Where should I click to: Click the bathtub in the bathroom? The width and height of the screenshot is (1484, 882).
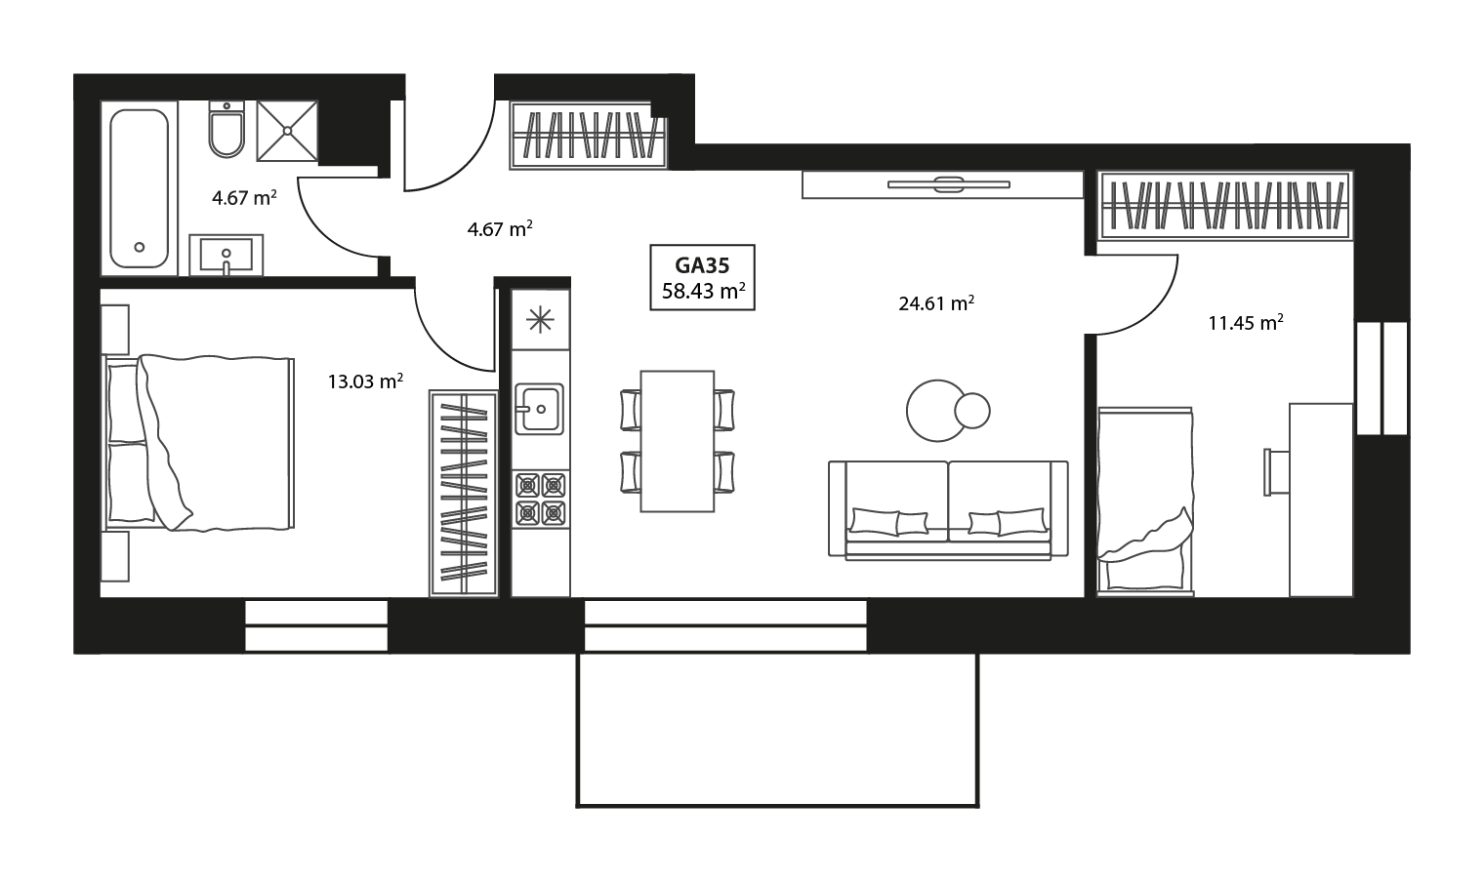coord(139,186)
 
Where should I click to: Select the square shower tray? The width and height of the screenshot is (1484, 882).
coord(287,130)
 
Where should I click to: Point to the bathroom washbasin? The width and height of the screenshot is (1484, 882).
coord(226,255)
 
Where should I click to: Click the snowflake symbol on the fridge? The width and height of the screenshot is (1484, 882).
coord(540,320)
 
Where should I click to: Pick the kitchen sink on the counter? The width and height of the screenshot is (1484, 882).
coord(539,408)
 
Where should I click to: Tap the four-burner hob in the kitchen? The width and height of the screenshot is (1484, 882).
coord(541,498)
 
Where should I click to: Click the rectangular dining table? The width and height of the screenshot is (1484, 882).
coord(677,441)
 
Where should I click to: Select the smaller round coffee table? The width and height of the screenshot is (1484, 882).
coord(972,411)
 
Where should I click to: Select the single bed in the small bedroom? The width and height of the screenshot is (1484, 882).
coord(1144,501)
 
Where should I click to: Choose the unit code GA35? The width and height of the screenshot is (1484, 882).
coord(702,263)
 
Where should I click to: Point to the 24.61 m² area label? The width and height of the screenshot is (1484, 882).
coord(936,303)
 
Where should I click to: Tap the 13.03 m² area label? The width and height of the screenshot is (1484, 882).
coord(365,381)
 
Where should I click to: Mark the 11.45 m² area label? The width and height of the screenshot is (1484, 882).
coord(1245,323)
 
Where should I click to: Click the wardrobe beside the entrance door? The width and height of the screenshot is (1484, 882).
coord(588,136)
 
